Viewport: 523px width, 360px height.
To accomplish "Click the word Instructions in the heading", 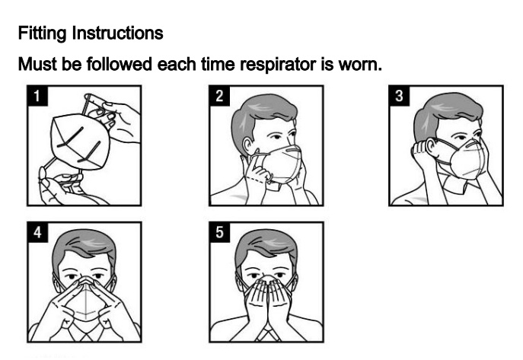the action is (118, 33).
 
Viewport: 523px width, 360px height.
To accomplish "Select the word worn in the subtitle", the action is (360, 65).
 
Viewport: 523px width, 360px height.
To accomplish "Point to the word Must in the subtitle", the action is (38, 64).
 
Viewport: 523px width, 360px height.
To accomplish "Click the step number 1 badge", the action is (37, 96).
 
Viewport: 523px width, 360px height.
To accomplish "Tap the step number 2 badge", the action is (219, 96).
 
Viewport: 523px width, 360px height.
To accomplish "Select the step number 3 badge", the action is (399, 96).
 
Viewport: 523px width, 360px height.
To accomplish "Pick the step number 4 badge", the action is (37, 232).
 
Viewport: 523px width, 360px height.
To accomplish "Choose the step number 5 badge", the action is (219, 232).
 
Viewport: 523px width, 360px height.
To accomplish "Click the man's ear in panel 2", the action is (247, 145).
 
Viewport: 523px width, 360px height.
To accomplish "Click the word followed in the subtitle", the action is (119, 64).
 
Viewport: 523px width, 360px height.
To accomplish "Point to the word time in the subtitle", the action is (218, 64).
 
